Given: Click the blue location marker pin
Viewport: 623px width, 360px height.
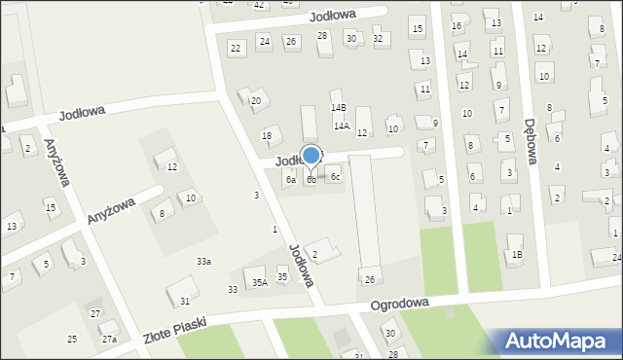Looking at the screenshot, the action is (x=311, y=156).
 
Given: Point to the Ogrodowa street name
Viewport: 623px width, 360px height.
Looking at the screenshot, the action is (x=399, y=305).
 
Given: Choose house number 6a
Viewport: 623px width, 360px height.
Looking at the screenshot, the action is (x=290, y=180).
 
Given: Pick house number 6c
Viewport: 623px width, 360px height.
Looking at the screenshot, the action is (x=335, y=177).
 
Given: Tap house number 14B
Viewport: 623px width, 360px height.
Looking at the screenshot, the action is (x=338, y=108).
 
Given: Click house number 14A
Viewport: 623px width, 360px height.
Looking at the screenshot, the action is (x=341, y=126).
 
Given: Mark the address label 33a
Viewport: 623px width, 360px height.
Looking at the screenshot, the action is (x=203, y=262).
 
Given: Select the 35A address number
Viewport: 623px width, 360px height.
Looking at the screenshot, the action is (x=259, y=282).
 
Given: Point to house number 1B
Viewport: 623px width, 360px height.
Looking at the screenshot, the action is (x=517, y=254).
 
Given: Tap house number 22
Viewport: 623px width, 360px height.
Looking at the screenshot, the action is (x=236, y=48).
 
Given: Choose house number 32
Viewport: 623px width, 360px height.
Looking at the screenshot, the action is (x=378, y=39).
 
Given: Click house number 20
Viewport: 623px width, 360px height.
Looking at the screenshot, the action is (x=257, y=100).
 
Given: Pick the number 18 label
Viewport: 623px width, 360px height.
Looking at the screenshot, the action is (x=267, y=135).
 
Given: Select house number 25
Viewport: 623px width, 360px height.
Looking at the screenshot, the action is (x=72, y=339).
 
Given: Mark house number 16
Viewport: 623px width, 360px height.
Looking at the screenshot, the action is (x=458, y=25).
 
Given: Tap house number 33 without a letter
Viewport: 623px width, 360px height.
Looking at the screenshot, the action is (x=233, y=290).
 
